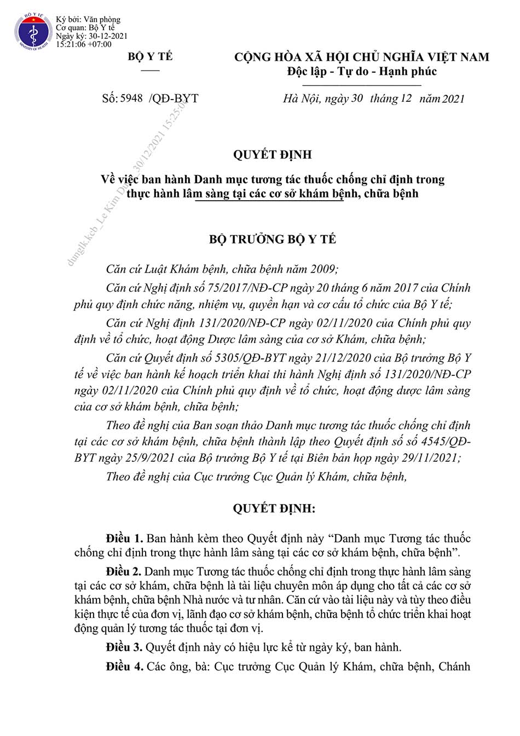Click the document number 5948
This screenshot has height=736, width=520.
[x=131, y=98]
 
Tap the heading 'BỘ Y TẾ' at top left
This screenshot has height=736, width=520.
[x=150, y=57]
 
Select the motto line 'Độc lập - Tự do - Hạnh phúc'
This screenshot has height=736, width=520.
[x=362, y=71]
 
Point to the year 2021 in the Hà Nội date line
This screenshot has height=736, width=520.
[x=453, y=99]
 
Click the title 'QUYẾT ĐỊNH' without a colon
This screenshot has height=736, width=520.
[x=272, y=155]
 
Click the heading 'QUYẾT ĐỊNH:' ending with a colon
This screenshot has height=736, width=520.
[x=274, y=508]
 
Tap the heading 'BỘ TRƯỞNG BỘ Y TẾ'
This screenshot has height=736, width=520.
[x=272, y=239]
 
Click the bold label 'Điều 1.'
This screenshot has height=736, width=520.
[x=124, y=538]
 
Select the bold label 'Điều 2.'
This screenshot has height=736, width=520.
[x=124, y=572]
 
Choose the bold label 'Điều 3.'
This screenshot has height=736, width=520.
[x=124, y=647]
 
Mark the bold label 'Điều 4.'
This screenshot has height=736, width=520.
[x=124, y=667]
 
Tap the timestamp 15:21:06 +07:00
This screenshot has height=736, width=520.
[x=83, y=44]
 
